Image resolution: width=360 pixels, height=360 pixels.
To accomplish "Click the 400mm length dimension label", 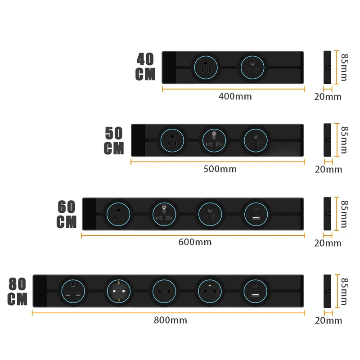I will tap(235, 96).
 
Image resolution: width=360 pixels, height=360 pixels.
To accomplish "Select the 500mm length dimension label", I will tap(220, 169).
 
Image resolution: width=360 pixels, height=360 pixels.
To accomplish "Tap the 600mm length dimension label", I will tap(195, 242).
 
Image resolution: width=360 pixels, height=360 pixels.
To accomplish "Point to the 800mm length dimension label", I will tap(170, 320).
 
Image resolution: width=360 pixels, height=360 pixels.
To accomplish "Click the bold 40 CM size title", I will tap(145, 67).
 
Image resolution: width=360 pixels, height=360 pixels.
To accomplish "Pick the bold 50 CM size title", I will tap(114, 141).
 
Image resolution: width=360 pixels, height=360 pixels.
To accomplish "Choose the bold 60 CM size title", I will tap(67, 214).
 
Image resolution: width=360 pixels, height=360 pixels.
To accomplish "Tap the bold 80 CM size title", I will tap(18, 292).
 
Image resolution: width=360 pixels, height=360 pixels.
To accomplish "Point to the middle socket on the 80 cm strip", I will tap(165, 291).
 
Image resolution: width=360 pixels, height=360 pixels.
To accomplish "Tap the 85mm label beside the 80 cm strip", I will tap(344, 291).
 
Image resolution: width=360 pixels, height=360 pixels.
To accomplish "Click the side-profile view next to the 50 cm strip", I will tap(328, 140).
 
